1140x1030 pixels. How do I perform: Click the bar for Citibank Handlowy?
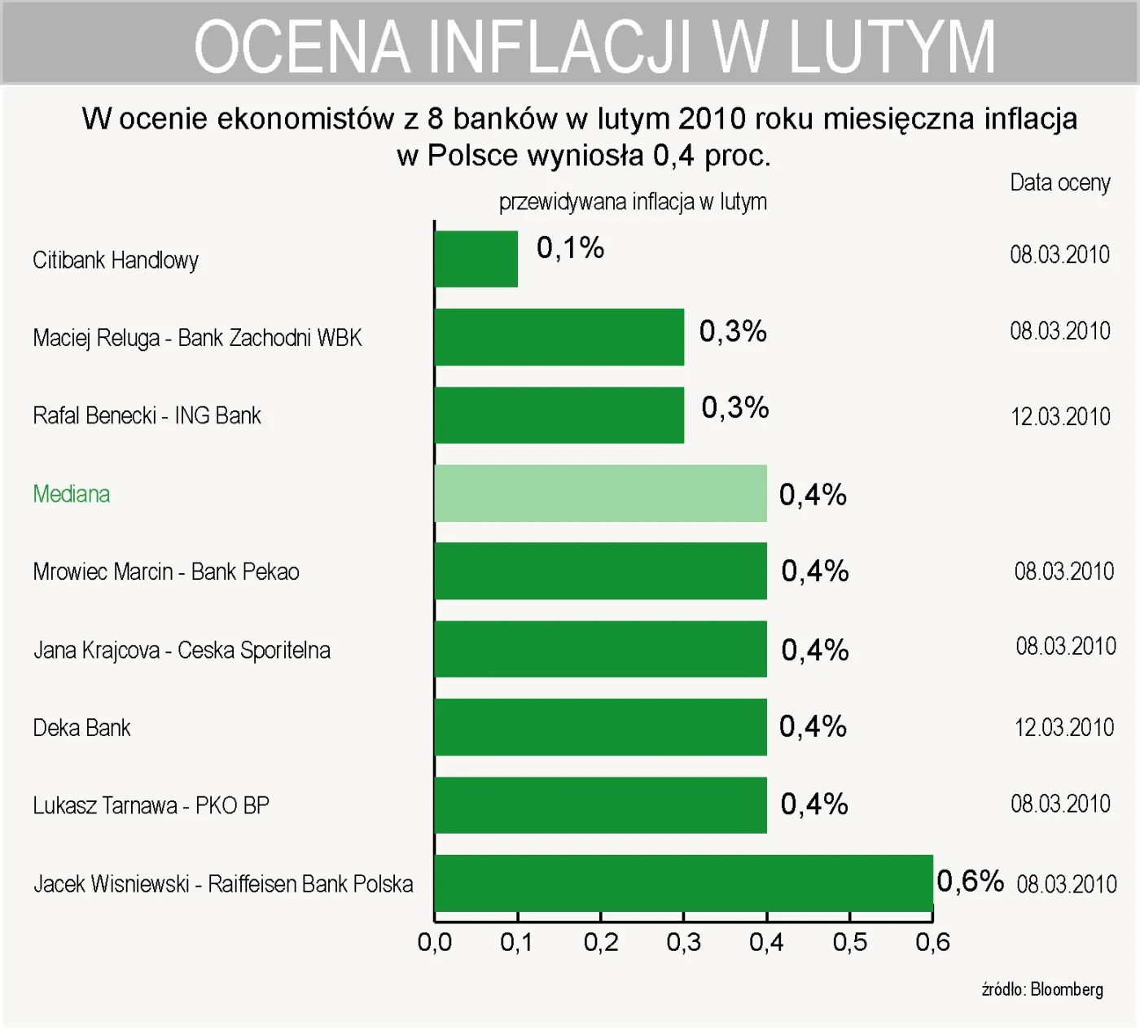pos(476,259)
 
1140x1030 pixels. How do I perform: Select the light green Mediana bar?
pos(600,493)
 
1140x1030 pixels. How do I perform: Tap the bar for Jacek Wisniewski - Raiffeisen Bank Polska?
pos(683,883)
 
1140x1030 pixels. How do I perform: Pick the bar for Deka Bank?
pos(600,727)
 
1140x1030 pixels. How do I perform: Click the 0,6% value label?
pos(970,881)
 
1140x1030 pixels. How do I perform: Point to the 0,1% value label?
pos(570,248)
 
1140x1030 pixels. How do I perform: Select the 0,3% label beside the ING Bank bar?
pos(734,408)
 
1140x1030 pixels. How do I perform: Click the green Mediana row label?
pos(72,494)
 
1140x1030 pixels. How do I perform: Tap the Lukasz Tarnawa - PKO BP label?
pos(151,806)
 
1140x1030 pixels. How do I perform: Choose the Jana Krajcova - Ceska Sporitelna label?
pos(182,651)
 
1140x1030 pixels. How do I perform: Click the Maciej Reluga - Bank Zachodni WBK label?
pos(197,338)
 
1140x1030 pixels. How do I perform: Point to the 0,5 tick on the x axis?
pos(849,943)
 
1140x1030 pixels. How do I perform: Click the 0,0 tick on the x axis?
pos(434,943)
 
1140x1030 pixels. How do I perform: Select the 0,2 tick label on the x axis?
pos(601,943)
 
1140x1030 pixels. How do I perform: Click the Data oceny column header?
pos(1059,183)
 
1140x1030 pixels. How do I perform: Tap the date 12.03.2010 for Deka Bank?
pos(1063,727)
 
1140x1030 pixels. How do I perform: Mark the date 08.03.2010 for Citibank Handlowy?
pos(1059,255)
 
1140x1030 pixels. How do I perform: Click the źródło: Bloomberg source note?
pos(1042,989)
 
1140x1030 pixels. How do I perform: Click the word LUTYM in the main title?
pos(892,47)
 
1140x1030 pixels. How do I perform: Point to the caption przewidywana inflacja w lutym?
pos(633,202)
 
